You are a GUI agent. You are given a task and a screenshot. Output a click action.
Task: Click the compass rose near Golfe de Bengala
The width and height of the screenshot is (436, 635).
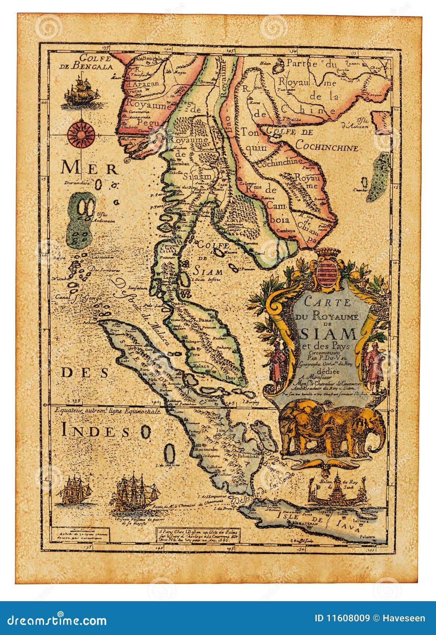pyautogui.click(x=81, y=133)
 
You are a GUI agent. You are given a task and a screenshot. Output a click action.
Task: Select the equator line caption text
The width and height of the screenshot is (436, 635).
pyautogui.click(x=107, y=411)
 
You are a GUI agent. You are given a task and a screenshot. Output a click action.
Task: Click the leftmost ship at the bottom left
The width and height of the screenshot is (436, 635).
pyautogui.click(x=77, y=490)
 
